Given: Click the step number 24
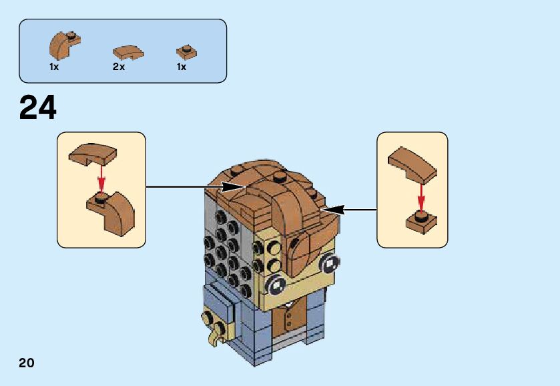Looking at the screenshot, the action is click(x=38, y=108).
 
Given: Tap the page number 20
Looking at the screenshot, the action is click(x=26, y=363).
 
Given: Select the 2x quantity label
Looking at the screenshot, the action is click(x=119, y=67).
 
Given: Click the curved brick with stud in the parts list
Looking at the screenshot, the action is click(x=64, y=44).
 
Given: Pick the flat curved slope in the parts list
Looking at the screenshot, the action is click(x=127, y=51).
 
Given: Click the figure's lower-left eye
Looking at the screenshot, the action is click(x=276, y=286).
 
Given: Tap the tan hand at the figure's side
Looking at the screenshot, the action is click(x=215, y=328).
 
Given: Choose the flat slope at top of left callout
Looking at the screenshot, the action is click(x=92, y=154).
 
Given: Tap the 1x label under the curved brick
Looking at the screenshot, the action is click(x=54, y=67).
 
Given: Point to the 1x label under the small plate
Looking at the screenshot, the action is click(x=182, y=67).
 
